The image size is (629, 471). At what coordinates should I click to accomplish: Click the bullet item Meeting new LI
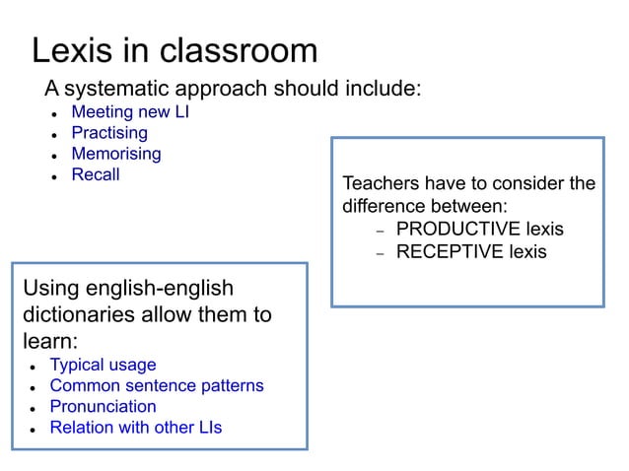coord(130,111)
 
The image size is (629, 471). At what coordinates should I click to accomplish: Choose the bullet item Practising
coord(109,132)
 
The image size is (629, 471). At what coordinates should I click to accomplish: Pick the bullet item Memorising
coord(116,154)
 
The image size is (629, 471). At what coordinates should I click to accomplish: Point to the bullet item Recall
coord(96,174)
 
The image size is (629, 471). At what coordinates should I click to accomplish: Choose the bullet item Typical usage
coord(103,365)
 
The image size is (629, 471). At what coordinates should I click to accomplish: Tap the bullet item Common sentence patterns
coord(157,385)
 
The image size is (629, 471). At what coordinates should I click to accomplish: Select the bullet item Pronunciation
coord(103,406)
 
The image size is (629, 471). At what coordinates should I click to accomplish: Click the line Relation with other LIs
coord(136,427)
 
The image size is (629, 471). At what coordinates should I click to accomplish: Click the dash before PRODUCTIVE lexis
coord(379,231)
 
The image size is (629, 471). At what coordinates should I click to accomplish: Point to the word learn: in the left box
coord(49,341)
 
